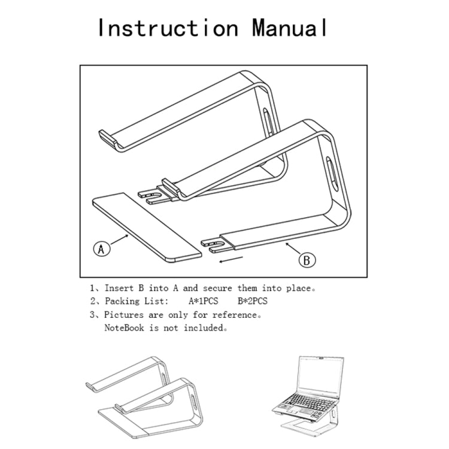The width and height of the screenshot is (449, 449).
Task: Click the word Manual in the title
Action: [290, 28]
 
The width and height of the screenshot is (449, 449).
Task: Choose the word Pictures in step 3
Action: [125, 314]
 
